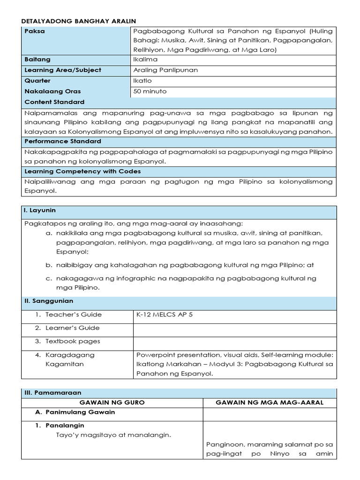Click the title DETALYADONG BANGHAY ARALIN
pyautogui.click(x=80, y=21)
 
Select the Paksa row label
pyautogui.click(x=33, y=31)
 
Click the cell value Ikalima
pyautogui.click(x=145, y=60)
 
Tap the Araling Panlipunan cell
pyautogui.click(x=165, y=70)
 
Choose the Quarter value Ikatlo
pyautogui.click(x=142, y=81)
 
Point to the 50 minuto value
pyautogui.click(x=150, y=91)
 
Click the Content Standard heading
pyautogui.click(x=54, y=102)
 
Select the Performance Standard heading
pyautogui.click(x=63, y=141)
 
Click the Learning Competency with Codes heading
pyautogui.click(x=82, y=172)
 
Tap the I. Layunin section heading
pyautogui.click(x=40, y=211)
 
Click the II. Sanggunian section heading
pyautogui.click(x=49, y=301)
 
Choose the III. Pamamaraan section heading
pyautogui.click(x=52, y=393)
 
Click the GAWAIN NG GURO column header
pyautogui.click(x=112, y=403)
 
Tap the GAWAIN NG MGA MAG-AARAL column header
pyautogui.click(x=270, y=403)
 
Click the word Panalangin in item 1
pyautogui.click(x=65, y=426)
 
